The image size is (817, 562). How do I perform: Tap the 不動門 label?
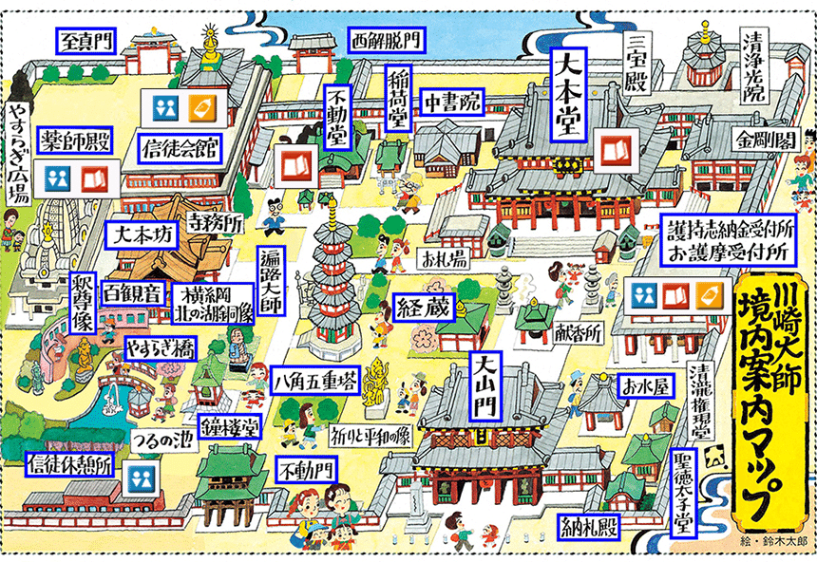coord(306,469)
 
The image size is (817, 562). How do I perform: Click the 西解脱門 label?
coord(386,40)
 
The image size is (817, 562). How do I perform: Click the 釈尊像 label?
coord(83,303)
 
